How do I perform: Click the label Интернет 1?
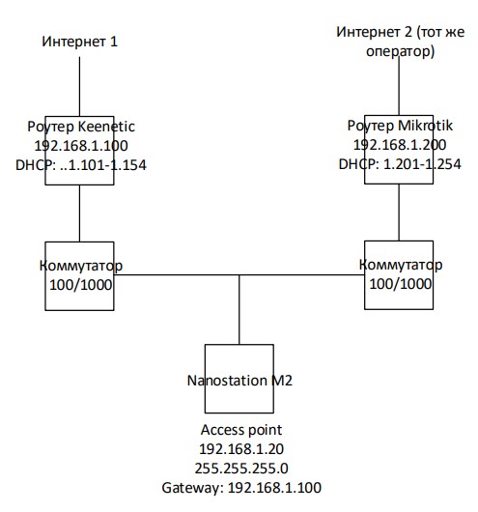(79, 42)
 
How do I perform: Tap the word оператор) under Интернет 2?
(401, 51)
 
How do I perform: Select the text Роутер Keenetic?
(81, 127)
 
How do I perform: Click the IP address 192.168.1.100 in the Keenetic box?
(81, 146)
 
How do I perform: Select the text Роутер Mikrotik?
(400, 126)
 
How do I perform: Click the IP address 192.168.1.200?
(400, 145)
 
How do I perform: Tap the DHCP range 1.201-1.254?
(422, 164)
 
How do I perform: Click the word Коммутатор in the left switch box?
(81, 266)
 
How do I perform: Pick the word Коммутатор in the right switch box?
(401, 265)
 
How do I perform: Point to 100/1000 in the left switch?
(81, 285)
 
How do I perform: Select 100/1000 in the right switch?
(401, 284)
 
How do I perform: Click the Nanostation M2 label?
(239, 381)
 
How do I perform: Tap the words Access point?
(241, 430)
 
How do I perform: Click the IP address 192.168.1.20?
(241, 449)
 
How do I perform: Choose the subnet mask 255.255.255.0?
(241, 469)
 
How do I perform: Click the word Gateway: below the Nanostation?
(192, 488)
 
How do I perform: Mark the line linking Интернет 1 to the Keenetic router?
(79, 87)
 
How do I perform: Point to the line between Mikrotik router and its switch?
(399, 213)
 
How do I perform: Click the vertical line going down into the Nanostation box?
(239, 309)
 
